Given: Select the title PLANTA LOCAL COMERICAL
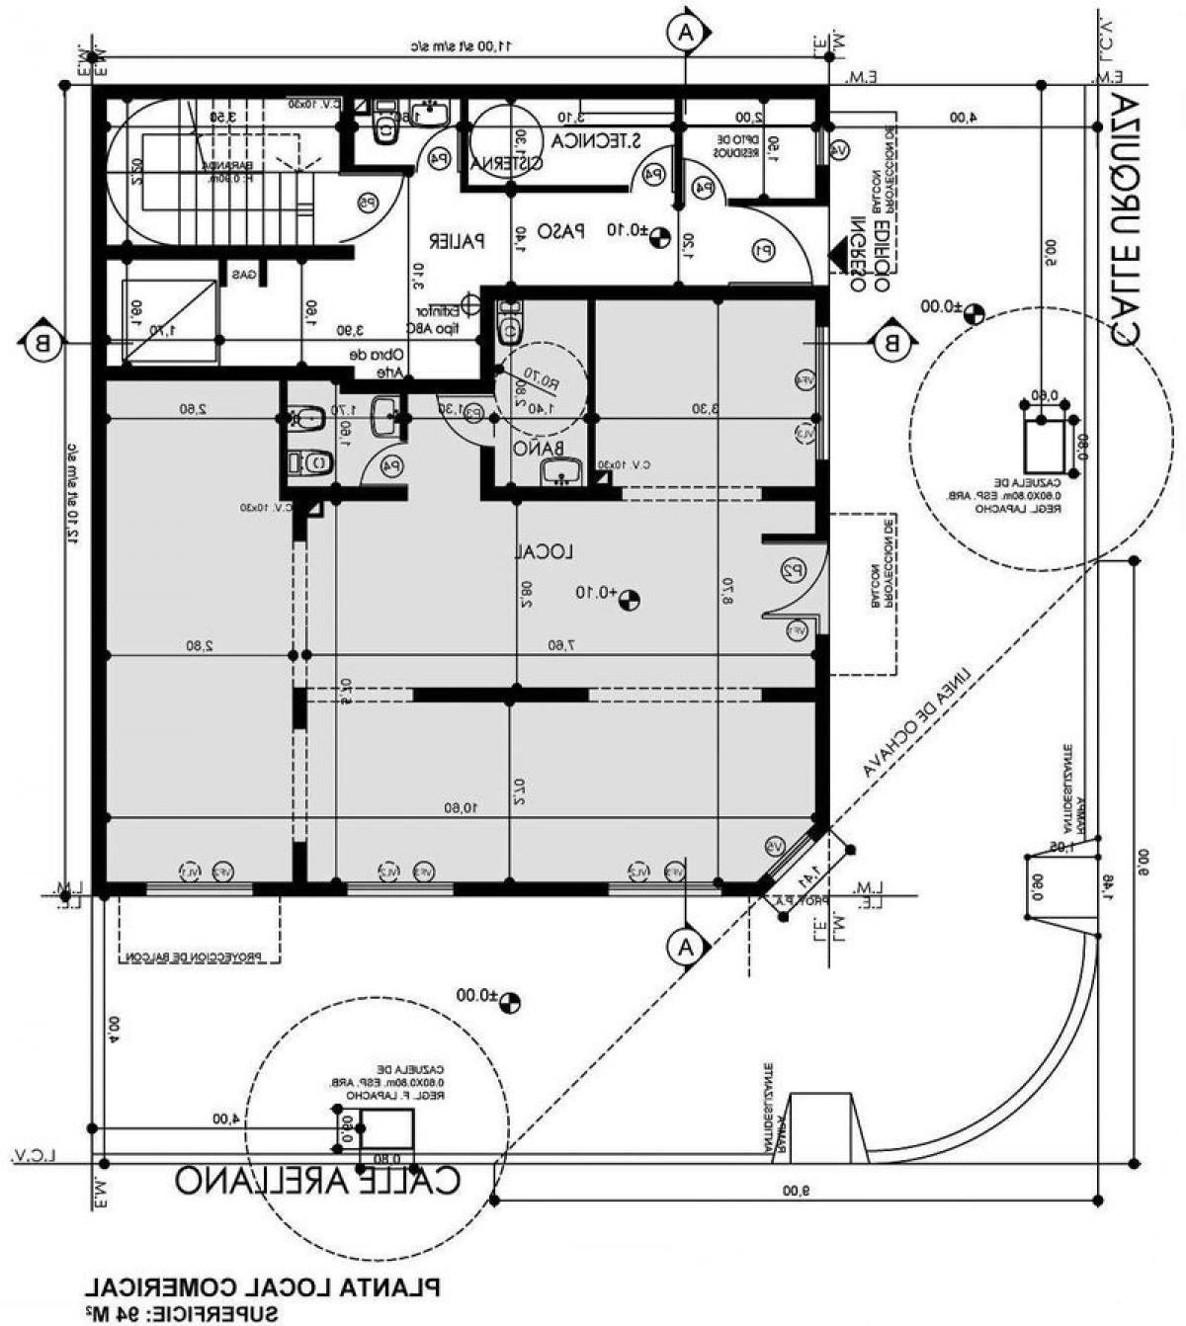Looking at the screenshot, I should (x=262, y=1286).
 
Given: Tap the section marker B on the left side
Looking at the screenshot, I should (x=41, y=343).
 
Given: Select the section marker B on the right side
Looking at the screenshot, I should (x=890, y=343).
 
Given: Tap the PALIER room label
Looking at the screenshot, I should (x=456, y=240).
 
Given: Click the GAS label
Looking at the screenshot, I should (x=243, y=275).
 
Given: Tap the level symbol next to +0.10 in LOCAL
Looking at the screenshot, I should (x=630, y=598).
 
